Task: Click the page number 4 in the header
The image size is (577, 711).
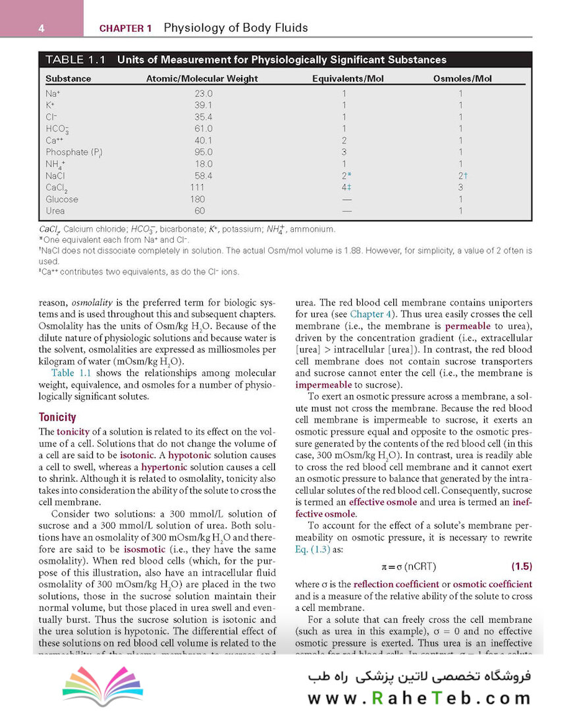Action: (x=41, y=28)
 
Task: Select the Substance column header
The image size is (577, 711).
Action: (x=68, y=79)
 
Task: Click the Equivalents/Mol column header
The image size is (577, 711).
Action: (x=348, y=79)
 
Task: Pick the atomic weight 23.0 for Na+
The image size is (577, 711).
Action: (x=203, y=93)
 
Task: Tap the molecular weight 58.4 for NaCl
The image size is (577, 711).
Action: (x=203, y=176)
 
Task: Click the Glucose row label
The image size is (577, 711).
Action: (x=62, y=199)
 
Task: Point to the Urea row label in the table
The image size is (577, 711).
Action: (x=55, y=211)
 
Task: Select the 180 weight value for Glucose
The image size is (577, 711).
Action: (x=198, y=199)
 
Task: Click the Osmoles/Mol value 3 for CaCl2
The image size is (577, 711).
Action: (x=460, y=188)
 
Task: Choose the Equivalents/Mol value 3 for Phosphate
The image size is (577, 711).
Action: (x=344, y=152)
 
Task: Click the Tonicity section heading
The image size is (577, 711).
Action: (x=57, y=417)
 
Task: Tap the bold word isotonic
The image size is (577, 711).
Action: (x=137, y=455)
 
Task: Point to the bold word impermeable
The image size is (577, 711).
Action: (x=323, y=384)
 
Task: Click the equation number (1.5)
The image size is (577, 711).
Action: (x=522, y=566)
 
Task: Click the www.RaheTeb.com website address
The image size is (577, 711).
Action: (x=419, y=698)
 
